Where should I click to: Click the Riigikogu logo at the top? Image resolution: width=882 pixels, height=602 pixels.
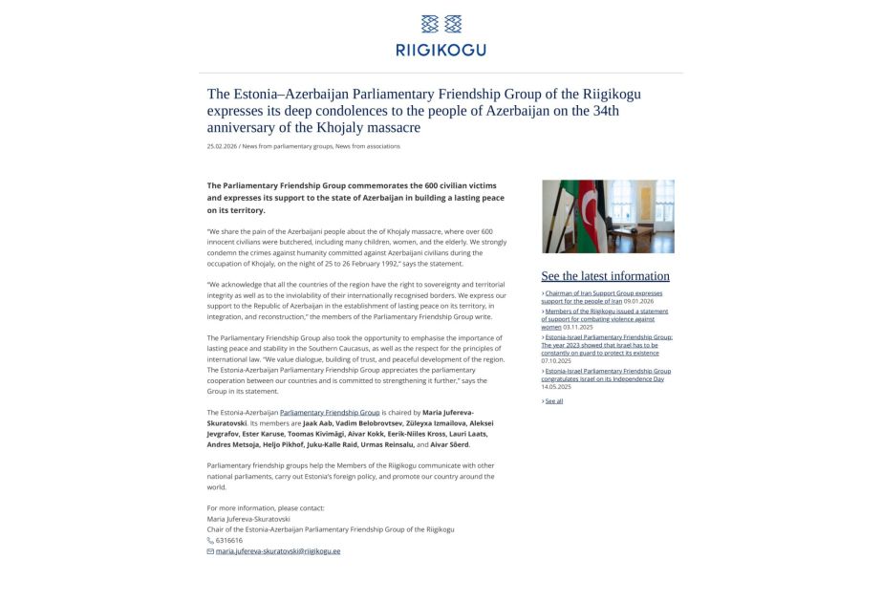[x=441, y=35]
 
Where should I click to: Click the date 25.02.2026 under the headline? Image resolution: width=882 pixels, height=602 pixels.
[x=222, y=146]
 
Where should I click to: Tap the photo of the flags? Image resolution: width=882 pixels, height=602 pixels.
[x=607, y=216]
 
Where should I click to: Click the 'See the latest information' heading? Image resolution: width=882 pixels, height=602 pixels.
[x=605, y=276]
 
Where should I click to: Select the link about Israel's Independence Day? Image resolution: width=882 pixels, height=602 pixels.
[x=607, y=375]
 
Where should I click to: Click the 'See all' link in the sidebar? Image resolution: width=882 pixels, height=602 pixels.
[x=553, y=401]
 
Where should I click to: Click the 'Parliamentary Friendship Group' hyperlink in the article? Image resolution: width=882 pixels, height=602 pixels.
[x=330, y=412]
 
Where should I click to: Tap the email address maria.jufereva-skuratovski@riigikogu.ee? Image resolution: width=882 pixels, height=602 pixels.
[x=278, y=551]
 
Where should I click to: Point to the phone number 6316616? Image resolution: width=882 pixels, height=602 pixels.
[x=229, y=540]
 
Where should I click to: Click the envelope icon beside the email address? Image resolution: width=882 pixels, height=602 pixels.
[x=210, y=551]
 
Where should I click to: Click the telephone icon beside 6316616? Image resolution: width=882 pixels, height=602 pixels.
[x=210, y=540]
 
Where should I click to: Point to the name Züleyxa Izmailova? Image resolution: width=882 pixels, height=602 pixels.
[x=421, y=422]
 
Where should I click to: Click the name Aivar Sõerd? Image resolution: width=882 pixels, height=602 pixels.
[x=450, y=444]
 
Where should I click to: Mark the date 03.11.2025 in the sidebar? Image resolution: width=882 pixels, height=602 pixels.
[x=578, y=327]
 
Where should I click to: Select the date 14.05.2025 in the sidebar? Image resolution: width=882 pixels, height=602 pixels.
[x=556, y=387]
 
